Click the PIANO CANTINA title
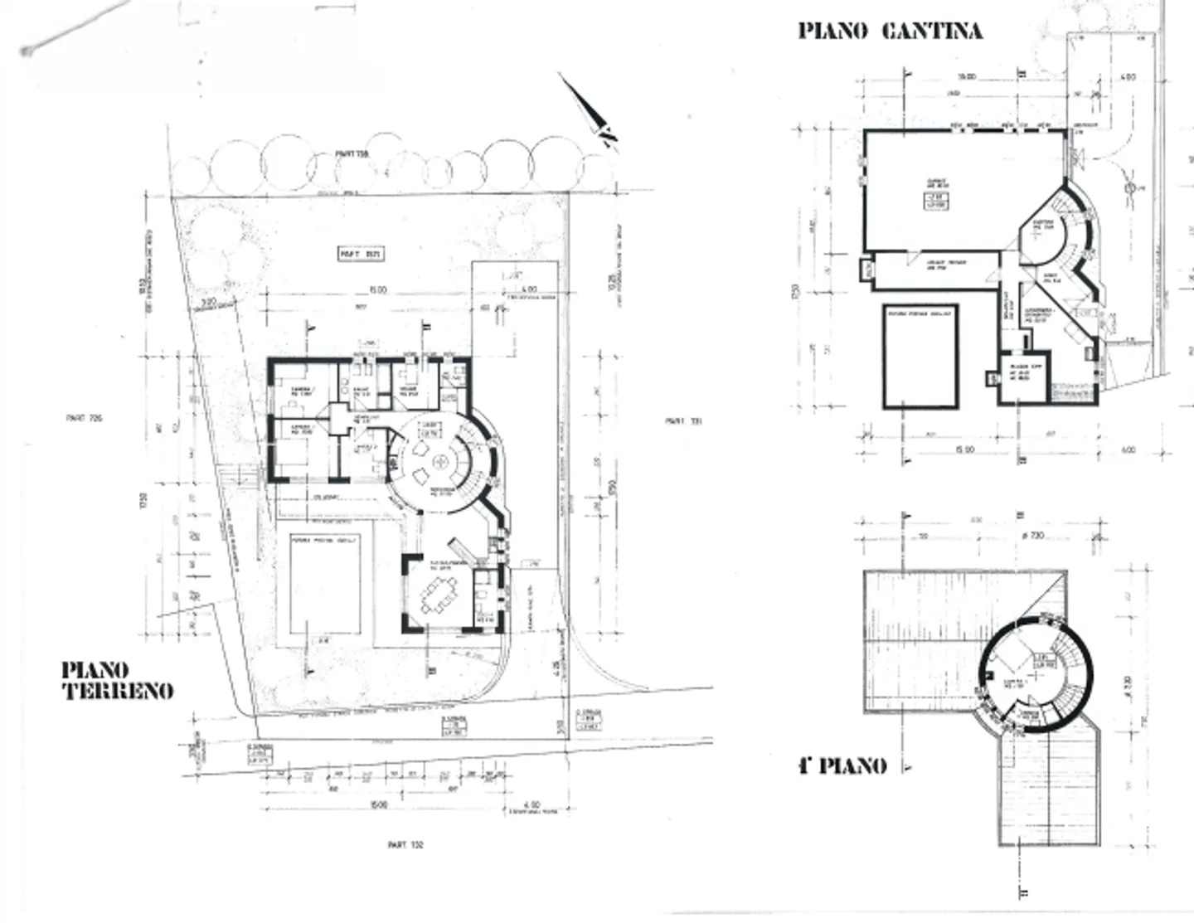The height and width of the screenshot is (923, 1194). click(x=890, y=32)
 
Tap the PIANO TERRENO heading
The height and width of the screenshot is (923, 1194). click(x=118, y=680)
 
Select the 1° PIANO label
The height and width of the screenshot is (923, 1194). click(x=842, y=765)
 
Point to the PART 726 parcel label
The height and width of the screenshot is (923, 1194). click(x=84, y=419)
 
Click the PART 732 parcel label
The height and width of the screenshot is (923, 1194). click(x=405, y=845)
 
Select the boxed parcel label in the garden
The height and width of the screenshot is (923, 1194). click(x=361, y=254)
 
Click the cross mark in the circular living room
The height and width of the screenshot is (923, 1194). click(x=441, y=462)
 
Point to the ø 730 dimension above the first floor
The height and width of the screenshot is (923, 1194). click(x=1031, y=536)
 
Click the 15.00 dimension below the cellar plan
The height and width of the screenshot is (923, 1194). click(x=963, y=449)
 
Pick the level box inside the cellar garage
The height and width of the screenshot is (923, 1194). click(x=936, y=200)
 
